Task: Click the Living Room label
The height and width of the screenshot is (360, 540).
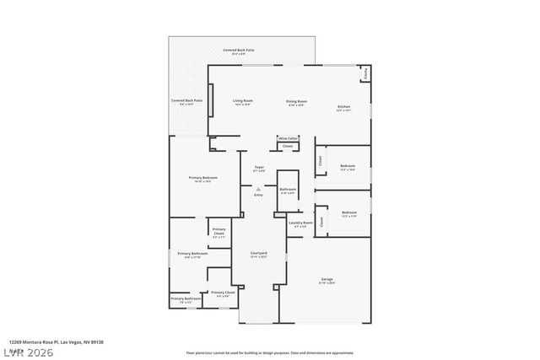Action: tap(243, 102)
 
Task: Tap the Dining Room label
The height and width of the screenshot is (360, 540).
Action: tap(296, 102)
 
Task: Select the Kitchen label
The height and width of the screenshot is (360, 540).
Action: tap(344, 108)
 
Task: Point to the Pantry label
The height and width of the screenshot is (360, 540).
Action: tap(365, 74)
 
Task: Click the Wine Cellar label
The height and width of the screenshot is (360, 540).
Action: tap(288, 138)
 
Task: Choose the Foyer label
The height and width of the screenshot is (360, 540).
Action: tap(259, 168)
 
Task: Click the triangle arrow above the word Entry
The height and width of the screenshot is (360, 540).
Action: tap(258, 189)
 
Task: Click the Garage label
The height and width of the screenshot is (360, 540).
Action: tap(327, 280)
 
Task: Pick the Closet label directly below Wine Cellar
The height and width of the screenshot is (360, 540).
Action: tap(288, 146)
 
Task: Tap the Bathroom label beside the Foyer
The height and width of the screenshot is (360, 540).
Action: tap(287, 190)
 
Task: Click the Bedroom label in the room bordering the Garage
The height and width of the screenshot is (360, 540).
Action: tap(349, 212)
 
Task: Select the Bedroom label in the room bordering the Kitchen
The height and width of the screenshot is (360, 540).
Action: tap(348, 167)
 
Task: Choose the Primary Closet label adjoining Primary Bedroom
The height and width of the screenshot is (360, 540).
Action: tap(219, 231)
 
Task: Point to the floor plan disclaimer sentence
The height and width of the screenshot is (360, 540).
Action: tap(270, 352)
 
